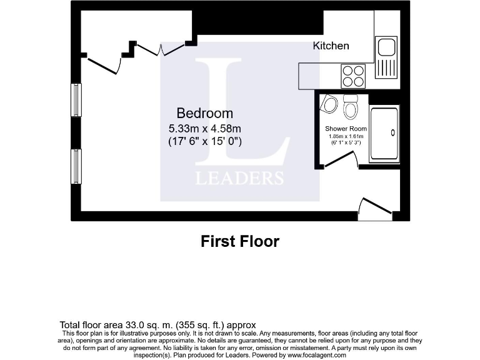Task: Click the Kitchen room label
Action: point(331,46)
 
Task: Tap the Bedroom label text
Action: point(205,113)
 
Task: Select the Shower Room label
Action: point(346,129)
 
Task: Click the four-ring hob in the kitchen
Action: point(352,76)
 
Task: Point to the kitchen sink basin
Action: point(386,47)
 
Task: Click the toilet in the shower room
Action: point(351,108)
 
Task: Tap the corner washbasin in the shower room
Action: point(327,104)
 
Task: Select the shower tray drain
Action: point(392,132)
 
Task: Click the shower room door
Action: point(339,161)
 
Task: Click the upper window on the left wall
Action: point(76,99)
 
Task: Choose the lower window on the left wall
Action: point(76,166)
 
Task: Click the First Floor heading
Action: point(239,241)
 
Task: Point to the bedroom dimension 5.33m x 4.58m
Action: point(205,129)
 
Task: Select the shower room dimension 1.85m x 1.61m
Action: point(346,136)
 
